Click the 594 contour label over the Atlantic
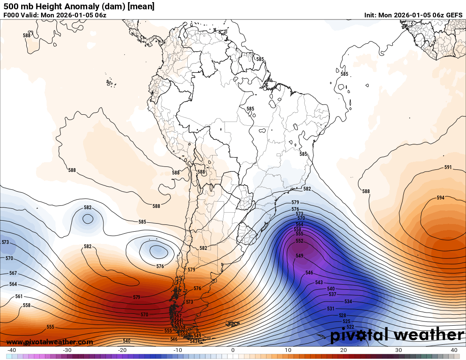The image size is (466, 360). (x=441, y=198)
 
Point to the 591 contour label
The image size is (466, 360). (x=448, y=167)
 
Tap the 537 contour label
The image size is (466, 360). (x=333, y=294)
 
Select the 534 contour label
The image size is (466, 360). (x=348, y=302)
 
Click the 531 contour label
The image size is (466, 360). (x=331, y=309)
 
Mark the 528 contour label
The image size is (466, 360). (x=342, y=316)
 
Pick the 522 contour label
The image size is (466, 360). (x=350, y=327)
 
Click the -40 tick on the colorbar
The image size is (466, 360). (x=12, y=350)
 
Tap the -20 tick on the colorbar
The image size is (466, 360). (x=122, y=350)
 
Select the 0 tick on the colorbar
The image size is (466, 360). (x=233, y=350)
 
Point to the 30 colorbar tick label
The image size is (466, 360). (x=399, y=350)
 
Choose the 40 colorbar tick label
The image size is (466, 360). (x=454, y=350)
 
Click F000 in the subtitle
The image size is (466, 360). (x=11, y=15)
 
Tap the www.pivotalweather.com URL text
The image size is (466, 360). (x=50, y=342)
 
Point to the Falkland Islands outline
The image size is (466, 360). (x=233, y=324)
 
